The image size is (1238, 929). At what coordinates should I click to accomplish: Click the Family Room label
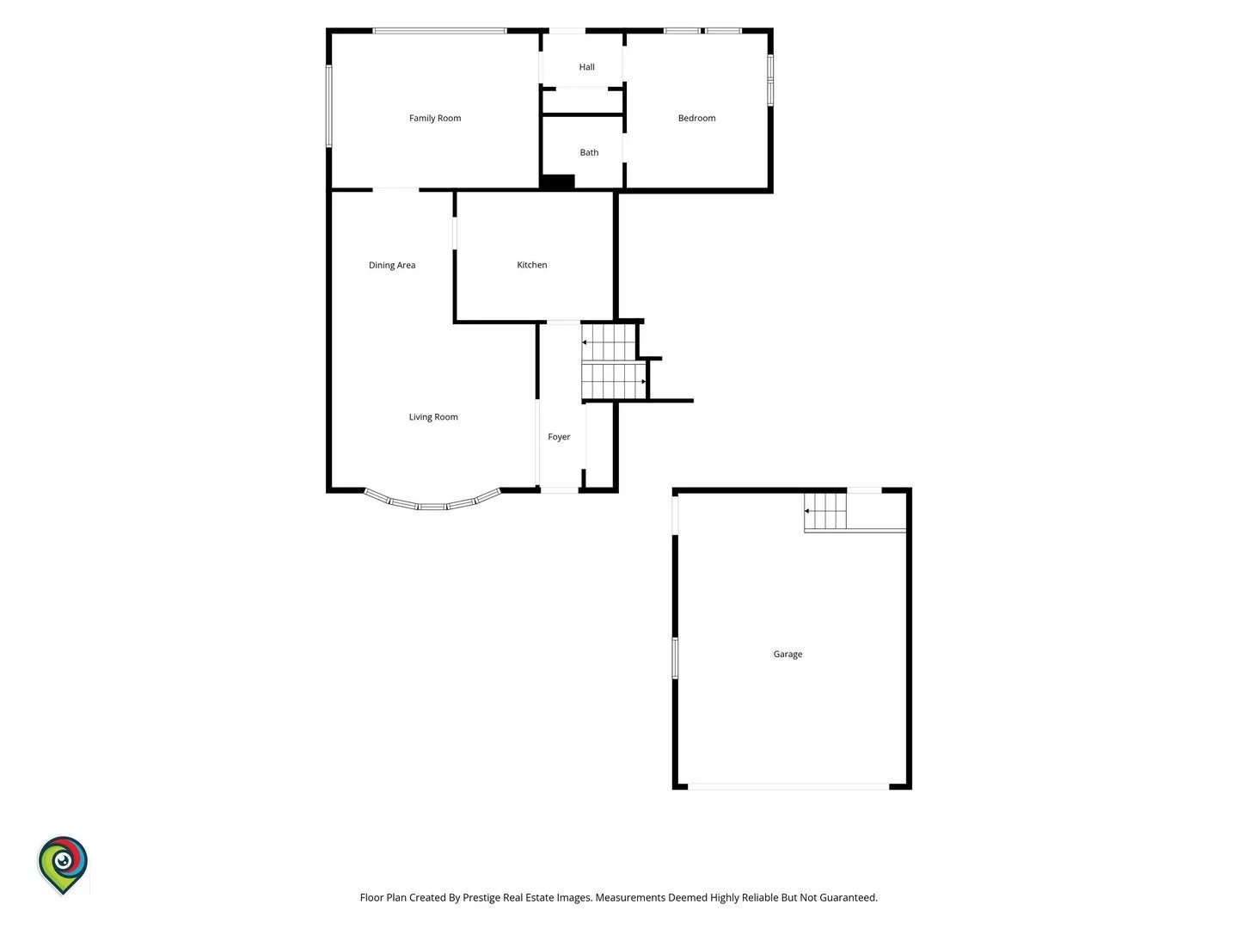point(435,118)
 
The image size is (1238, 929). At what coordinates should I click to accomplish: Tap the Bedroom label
point(696,118)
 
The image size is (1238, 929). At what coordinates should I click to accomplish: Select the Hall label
point(586,66)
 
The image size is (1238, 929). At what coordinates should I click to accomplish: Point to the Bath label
point(589,152)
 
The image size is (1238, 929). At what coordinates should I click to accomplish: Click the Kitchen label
point(532,265)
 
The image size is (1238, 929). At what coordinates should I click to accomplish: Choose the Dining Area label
point(392,265)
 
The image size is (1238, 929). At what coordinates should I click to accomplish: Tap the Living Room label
point(433,417)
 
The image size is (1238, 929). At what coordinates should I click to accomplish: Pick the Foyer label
point(559,437)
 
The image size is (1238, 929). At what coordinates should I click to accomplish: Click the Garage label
point(788,654)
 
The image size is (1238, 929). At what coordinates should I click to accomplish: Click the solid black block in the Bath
point(558,181)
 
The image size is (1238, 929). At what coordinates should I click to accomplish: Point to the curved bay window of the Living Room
point(432,506)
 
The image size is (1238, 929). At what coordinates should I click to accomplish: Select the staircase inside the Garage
point(825,511)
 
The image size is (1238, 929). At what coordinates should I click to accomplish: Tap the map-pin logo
point(63,864)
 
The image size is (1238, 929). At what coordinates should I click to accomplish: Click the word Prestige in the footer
point(481,897)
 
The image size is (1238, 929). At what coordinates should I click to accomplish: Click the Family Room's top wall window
point(439,31)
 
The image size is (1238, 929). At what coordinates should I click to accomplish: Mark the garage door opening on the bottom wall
point(788,786)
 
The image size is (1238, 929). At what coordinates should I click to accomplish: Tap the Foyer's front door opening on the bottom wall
point(560,490)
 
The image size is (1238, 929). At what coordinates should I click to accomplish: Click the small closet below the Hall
point(583,102)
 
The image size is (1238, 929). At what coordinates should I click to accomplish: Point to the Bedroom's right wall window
point(769,79)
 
